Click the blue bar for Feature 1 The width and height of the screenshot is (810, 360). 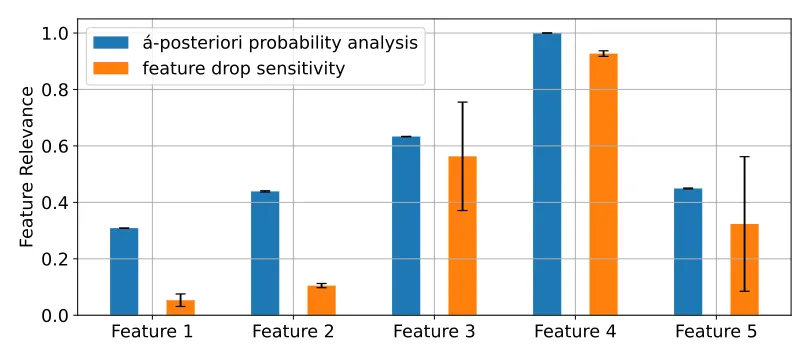(x=124, y=272)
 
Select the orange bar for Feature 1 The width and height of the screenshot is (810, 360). (x=180, y=308)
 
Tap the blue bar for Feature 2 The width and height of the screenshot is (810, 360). (x=265, y=253)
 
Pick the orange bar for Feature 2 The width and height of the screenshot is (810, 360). (x=321, y=301)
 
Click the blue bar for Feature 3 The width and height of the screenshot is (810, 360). (x=406, y=226)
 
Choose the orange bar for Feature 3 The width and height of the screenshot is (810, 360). (x=462, y=236)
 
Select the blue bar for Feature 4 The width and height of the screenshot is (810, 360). (x=547, y=174)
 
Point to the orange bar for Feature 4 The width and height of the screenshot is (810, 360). (x=603, y=184)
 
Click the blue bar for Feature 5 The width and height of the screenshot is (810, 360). (x=688, y=252)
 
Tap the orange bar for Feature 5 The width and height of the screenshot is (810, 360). (x=744, y=270)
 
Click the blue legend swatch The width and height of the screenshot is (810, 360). (x=111, y=43)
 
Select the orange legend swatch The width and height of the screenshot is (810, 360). (x=111, y=68)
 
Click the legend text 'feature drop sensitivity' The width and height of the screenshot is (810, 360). (x=244, y=68)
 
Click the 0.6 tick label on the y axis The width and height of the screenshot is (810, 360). (x=54, y=146)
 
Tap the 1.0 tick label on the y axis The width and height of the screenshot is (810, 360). (x=54, y=34)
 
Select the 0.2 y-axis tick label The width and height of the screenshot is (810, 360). (x=54, y=259)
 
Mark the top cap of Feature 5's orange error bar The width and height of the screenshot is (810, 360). (x=744, y=156)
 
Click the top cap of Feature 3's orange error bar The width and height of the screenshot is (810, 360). (x=462, y=102)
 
